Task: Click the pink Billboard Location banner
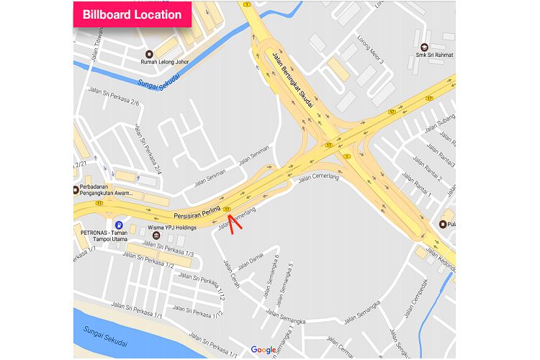(132, 14)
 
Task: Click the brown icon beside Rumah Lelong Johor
(150, 53)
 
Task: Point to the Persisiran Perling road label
(195, 211)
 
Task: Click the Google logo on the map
(264, 350)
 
